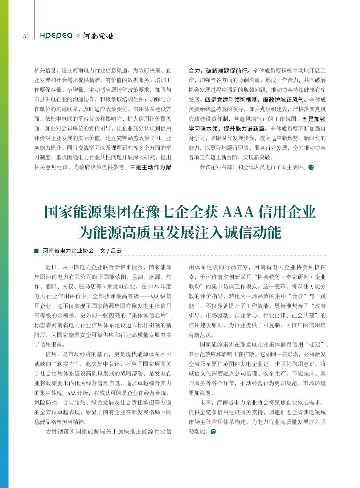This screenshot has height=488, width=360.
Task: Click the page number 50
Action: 26,36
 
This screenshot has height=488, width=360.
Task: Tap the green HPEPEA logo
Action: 56,36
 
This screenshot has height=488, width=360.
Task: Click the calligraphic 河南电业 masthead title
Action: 98,36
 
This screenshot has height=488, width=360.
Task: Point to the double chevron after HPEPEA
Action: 78,36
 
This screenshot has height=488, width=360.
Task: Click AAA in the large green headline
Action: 237,212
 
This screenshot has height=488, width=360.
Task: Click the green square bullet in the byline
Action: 36,251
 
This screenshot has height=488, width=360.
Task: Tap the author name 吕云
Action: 116,251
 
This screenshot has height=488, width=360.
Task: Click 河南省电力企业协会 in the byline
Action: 68,251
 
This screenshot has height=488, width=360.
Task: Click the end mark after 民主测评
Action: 311,167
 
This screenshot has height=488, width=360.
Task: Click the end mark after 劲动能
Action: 213,431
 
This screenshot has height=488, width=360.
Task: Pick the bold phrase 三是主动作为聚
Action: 151,167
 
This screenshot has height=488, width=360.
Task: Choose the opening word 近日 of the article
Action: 51,267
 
